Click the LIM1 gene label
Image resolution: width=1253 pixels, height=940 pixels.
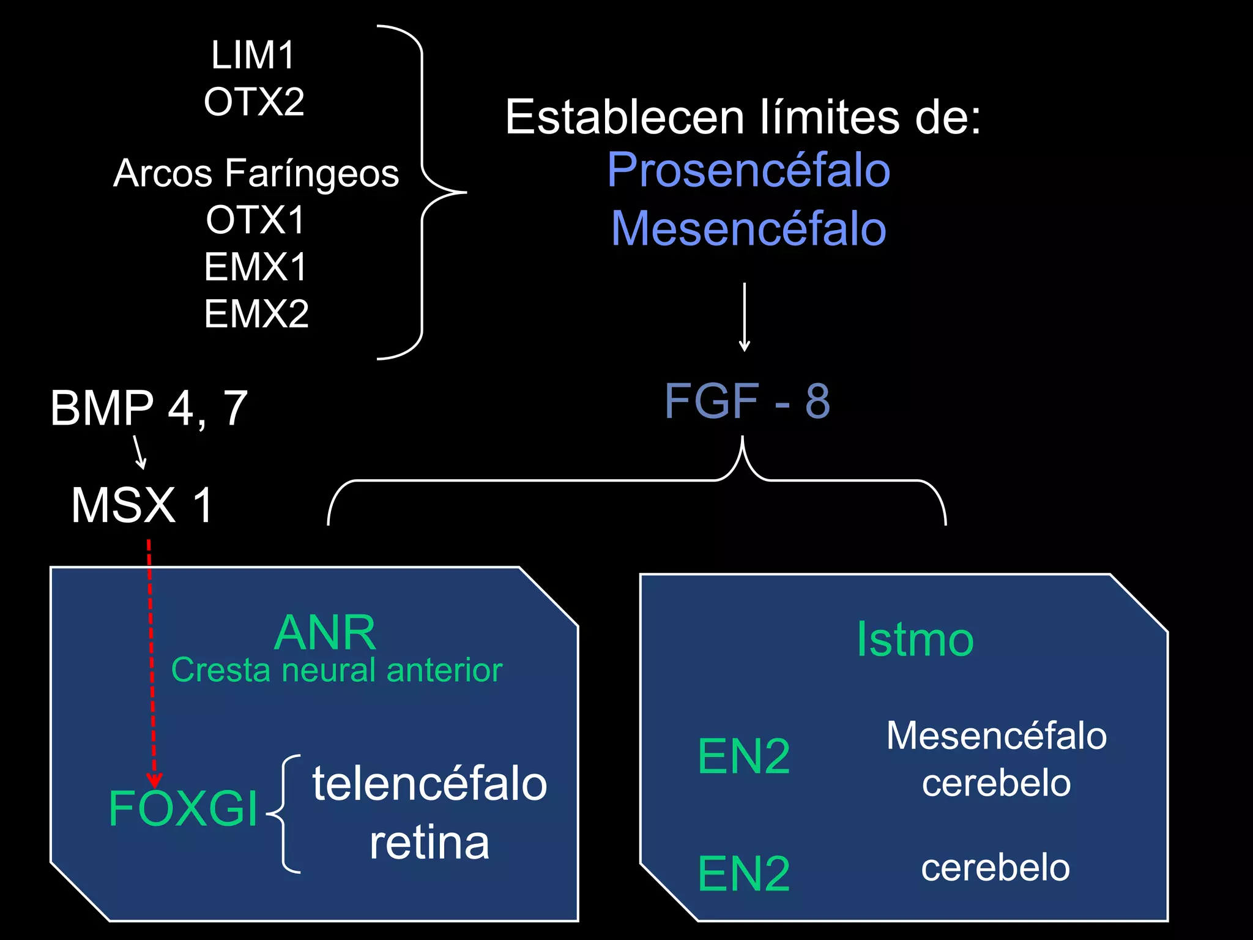253,55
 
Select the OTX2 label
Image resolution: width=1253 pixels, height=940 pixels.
254,102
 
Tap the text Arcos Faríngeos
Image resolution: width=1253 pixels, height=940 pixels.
256,173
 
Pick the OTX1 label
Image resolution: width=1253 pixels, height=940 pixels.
255,220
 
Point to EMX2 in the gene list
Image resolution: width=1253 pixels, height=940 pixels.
256,314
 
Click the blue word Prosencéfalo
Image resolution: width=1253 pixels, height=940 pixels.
748,170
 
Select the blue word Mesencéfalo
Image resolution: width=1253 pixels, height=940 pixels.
748,228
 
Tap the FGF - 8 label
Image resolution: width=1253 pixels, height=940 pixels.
747,401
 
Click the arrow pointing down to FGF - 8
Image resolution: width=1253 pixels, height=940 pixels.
744,317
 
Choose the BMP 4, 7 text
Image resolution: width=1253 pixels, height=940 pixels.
149,408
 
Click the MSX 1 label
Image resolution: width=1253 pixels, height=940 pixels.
142,505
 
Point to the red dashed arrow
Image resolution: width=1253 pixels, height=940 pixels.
152,661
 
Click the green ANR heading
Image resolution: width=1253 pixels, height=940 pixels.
325,633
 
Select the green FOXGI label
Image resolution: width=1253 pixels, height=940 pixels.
183,808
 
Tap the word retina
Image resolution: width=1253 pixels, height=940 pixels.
429,843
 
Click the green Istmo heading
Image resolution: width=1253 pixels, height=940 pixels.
915,640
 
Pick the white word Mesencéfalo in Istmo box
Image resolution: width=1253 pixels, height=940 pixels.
996,736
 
